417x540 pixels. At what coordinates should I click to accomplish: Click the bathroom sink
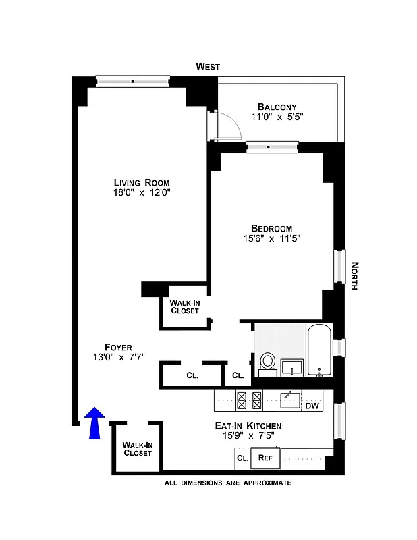click(x=291, y=367)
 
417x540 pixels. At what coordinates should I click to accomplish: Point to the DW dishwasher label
click(x=312, y=406)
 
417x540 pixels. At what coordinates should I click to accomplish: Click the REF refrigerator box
click(x=265, y=458)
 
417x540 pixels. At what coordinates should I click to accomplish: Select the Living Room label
click(x=142, y=182)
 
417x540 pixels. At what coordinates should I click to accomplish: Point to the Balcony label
click(x=277, y=107)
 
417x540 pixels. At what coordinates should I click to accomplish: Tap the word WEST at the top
click(x=208, y=66)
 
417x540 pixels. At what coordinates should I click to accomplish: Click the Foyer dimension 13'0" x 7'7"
click(x=118, y=357)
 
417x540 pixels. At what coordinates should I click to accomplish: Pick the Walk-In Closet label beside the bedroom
click(x=184, y=306)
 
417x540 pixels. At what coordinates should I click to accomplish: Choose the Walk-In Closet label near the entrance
click(x=138, y=449)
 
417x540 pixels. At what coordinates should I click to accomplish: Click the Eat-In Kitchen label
click(x=248, y=426)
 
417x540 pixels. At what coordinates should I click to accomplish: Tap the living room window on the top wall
click(x=132, y=82)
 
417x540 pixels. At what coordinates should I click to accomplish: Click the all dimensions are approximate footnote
click(x=228, y=483)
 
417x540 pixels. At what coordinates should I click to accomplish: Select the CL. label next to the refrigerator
click(x=242, y=458)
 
